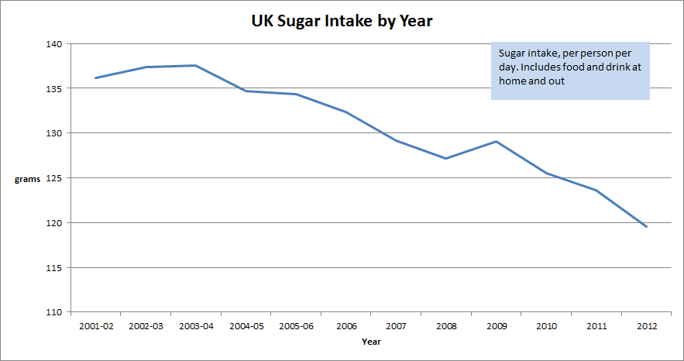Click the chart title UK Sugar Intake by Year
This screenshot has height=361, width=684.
(342, 22)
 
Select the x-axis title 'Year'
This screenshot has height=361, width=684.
(371, 341)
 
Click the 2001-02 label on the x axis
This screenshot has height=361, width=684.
(96, 326)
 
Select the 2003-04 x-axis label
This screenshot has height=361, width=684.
(196, 326)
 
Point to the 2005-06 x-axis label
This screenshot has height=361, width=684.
(296, 326)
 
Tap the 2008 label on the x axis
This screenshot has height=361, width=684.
(445, 326)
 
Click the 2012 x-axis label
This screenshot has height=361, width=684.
(646, 326)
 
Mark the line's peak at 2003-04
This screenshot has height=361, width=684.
(196, 66)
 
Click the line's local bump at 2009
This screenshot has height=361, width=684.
(496, 141)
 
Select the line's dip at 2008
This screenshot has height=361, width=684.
(445, 158)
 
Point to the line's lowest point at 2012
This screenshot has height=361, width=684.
(646, 226)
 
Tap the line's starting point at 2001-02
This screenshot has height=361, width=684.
(96, 77)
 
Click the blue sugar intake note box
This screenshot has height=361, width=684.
(569, 70)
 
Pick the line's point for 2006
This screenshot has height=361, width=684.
(345, 112)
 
